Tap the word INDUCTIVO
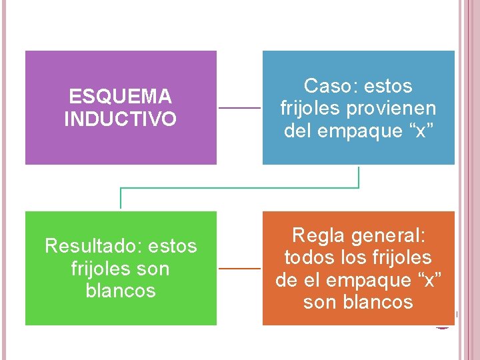121,119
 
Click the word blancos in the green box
121,291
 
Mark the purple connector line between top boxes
239,108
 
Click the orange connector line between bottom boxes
239,269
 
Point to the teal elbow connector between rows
240,188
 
